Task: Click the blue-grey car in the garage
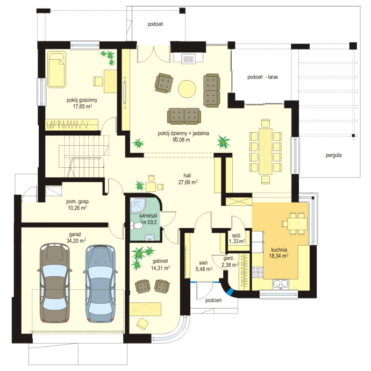(x=101, y=283)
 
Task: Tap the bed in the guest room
(x=56, y=69)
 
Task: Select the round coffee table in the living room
(x=187, y=89)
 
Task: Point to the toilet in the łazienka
(x=136, y=225)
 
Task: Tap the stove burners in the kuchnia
(x=258, y=272)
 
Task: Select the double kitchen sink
(x=280, y=284)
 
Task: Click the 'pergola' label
(x=333, y=155)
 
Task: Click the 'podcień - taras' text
(x=262, y=77)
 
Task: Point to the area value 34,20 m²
(x=76, y=241)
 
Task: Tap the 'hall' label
(x=187, y=176)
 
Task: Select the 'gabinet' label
(x=160, y=261)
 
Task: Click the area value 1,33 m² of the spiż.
(x=237, y=241)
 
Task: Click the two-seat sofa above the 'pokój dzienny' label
(x=184, y=116)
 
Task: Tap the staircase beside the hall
(x=84, y=156)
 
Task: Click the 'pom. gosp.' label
(x=78, y=202)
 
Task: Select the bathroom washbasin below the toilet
(x=149, y=237)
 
